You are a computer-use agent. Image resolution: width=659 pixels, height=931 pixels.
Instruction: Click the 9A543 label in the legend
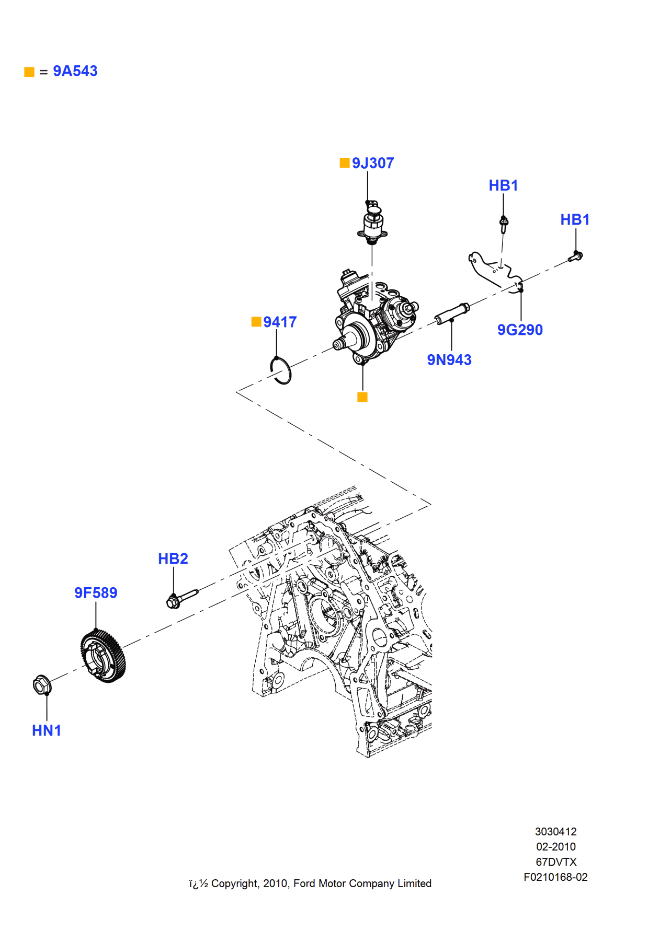tap(75, 71)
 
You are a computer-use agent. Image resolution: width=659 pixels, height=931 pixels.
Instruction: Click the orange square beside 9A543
tap(29, 72)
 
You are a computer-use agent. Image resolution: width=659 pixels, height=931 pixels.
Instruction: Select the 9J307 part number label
tap(372, 163)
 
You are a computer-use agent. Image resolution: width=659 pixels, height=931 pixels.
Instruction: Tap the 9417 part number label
tap(279, 322)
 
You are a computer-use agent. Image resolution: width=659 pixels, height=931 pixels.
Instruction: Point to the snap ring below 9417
tap(281, 370)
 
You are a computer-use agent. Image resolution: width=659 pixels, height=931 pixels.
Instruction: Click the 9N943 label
tap(449, 360)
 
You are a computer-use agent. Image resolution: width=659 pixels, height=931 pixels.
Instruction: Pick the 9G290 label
tap(519, 330)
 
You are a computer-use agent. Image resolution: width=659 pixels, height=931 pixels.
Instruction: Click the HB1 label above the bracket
tap(503, 185)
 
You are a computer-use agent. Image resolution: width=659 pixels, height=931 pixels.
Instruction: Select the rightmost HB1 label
tap(574, 219)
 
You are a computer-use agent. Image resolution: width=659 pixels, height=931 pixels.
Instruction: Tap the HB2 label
tap(173, 558)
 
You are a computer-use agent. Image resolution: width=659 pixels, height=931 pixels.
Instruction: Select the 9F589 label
tap(96, 592)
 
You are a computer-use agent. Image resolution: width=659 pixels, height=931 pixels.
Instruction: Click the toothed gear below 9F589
tap(104, 656)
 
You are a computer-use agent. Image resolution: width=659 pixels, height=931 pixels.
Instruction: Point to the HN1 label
tap(47, 730)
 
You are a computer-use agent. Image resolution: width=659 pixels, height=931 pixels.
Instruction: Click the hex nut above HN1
tap(41, 684)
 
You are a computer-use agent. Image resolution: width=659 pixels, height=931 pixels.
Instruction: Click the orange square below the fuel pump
tap(362, 397)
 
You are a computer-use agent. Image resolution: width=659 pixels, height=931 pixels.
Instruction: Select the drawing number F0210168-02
tap(555, 877)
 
